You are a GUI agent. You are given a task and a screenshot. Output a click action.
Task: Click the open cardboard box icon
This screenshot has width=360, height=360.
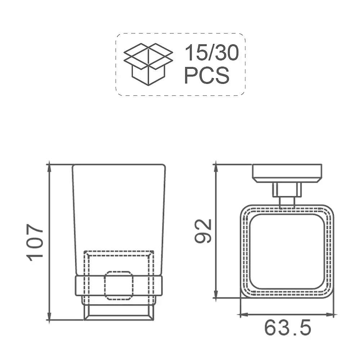(x=148, y=64)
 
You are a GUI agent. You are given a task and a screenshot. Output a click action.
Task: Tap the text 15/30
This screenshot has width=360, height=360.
(x=212, y=53)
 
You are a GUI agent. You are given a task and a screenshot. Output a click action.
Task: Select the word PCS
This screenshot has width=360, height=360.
(x=207, y=75)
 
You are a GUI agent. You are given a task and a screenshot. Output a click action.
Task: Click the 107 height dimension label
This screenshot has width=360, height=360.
(x=35, y=242)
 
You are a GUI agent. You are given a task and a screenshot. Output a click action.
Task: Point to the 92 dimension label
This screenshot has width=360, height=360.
(x=203, y=231)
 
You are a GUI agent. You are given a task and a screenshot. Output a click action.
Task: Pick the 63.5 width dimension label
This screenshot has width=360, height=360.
(x=288, y=328)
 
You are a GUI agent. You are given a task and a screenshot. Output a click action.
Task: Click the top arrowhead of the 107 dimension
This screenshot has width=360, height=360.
(x=49, y=169)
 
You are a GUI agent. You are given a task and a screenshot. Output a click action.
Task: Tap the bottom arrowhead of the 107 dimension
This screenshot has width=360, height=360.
(x=49, y=315)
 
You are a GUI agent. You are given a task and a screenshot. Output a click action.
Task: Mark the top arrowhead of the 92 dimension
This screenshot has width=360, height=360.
(x=216, y=169)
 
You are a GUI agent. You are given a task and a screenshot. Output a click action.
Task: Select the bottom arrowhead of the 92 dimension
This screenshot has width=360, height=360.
(x=216, y=293)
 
